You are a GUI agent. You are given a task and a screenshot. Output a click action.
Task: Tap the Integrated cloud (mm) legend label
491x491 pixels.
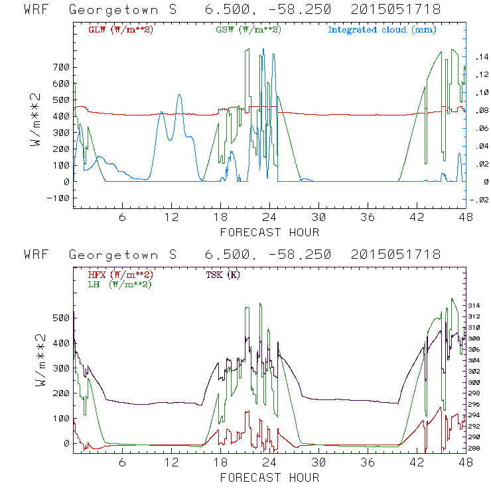pos(382,30)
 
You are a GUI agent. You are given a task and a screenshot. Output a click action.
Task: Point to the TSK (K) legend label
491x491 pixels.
pos(224,275)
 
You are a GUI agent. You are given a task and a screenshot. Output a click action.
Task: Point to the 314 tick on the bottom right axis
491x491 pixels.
pos(476,305)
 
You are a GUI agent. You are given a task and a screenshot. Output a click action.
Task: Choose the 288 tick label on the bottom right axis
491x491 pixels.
pos(476,449)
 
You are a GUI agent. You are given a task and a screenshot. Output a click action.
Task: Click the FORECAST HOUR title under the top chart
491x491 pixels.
pos(269,232)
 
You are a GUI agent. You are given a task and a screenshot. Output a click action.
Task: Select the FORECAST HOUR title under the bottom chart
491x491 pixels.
pos(269,478)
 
